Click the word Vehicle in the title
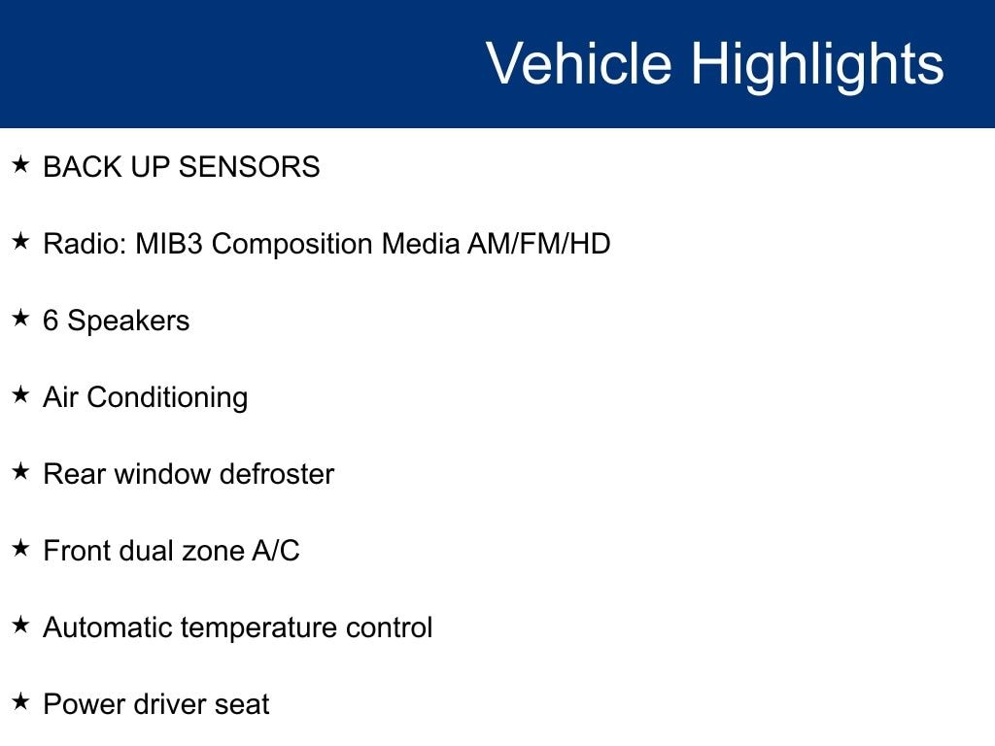[x=579, y=63]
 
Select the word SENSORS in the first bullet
[x=249, y=167]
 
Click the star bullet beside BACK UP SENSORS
[x=21, y=164]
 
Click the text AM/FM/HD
[x=538, y=244]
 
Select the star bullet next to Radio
[x=21, y=241]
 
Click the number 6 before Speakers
[x=51, y=321]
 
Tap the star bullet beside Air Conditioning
[x=21, y=394]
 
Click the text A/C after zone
[x=275, y=551]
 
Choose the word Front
[x=77, y=551]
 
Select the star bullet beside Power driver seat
[x=21, y=701]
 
